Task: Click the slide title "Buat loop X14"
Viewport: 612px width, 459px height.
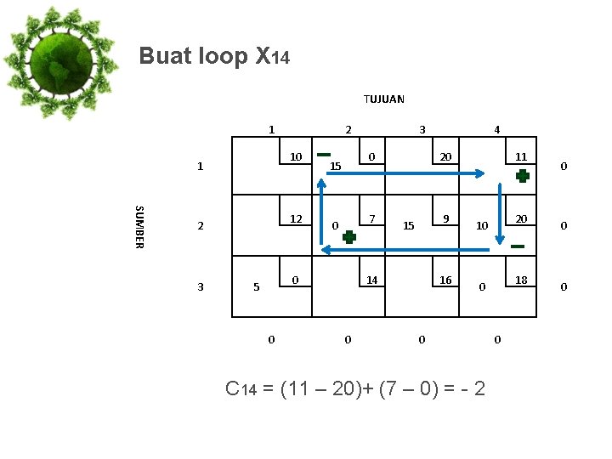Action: [214, 57]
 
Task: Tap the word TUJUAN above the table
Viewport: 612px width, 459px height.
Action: [384, 99]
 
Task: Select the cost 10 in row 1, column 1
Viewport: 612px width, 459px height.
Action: [296, 156]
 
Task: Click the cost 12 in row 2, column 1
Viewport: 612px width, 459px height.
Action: [296, 218]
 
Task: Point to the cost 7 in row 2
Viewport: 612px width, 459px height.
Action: [372, 218]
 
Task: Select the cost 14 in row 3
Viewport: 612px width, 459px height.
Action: [372, 280]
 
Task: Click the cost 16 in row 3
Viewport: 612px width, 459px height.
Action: [445, 280]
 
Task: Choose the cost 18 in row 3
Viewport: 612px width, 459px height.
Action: [522, 280]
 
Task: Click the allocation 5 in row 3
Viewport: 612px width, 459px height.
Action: [257, 287]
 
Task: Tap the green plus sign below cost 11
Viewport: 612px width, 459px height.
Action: [523, 176]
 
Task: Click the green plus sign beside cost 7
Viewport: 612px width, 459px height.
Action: [349, 237]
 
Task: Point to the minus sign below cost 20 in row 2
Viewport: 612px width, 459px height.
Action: [518, 246]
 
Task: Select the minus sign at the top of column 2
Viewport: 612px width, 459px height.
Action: [323, 155]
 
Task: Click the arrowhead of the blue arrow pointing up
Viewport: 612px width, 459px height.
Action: [323, 182]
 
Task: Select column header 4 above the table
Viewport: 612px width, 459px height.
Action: [497, 130]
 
